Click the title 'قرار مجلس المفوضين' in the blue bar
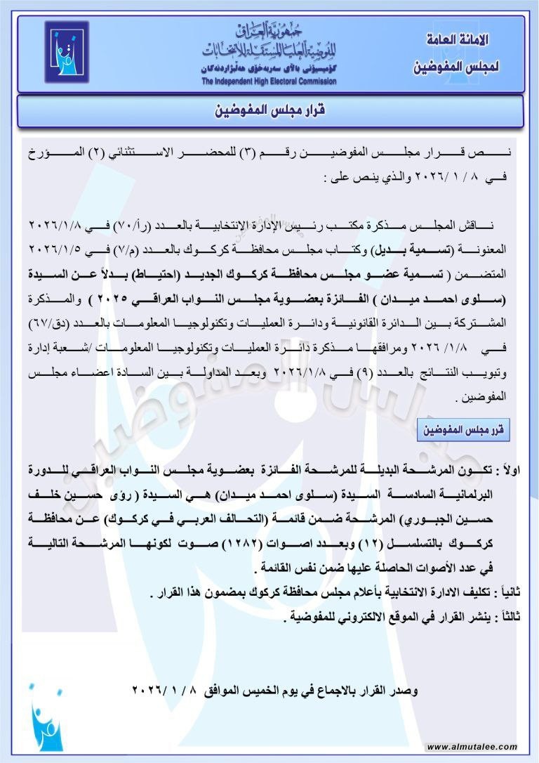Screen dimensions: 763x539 click(269, 111)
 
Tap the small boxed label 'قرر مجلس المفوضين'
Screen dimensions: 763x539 click(463, 428)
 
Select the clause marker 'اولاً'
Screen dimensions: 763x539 click(507, 467)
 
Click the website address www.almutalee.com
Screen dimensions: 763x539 click(472, 747)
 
